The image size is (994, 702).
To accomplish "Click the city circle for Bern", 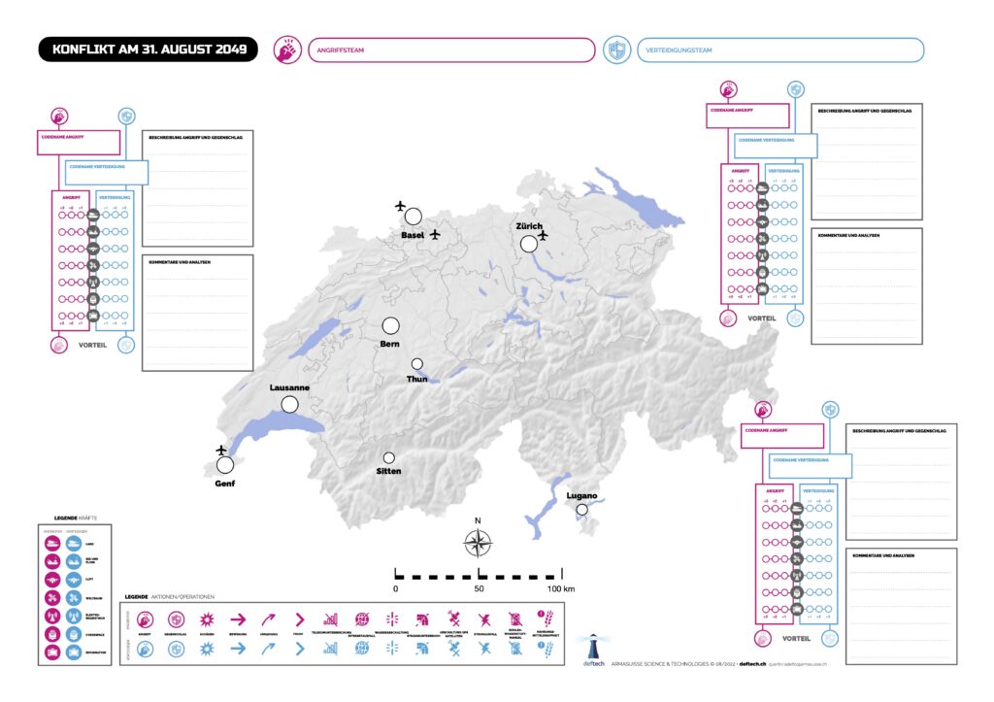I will [x=391, y=326].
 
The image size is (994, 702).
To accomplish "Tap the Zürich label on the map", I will [x=529, y=226].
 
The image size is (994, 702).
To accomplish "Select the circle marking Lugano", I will [x=581, y=510].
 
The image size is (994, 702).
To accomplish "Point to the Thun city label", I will [x=416, y=379].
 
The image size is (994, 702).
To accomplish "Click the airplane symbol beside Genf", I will [x=221, y=450].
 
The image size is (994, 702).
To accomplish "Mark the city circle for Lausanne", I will [x=289, y=404].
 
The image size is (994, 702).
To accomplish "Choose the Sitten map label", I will [x=388, y=471].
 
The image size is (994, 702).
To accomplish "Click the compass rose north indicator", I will [x=478, y=543].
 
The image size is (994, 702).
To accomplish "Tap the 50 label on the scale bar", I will [x=478, y=589].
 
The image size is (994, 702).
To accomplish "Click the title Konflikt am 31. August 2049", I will [x=149, y=50].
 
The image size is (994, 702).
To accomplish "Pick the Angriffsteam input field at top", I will [x=450, y=50].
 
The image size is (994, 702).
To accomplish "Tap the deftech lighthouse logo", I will [x=591, y=647].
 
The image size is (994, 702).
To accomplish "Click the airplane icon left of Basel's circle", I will [x=400, y=206].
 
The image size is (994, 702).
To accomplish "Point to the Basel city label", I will [x=414, y=236].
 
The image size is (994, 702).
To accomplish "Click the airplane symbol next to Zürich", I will [x=543, y=235].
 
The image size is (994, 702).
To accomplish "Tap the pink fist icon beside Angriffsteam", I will [x=286, y=50].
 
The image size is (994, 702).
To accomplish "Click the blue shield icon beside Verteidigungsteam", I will [x=615, y=50].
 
